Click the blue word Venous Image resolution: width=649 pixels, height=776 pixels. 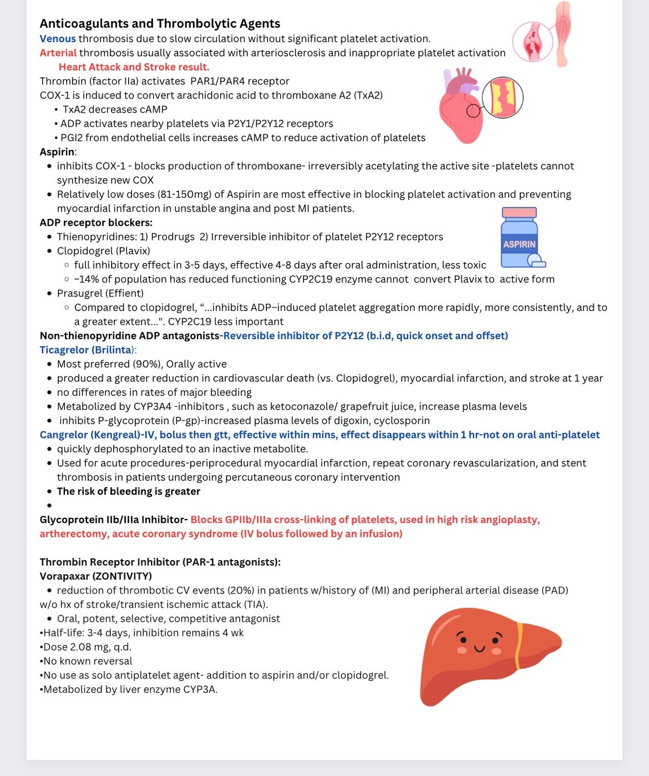[x=57, y=39]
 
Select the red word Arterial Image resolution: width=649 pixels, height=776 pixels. [x=58, y=53]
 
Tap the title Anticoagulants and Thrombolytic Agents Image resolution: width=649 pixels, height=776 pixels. [x=160, y=23]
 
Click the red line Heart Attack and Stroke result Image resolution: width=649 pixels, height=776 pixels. [x=134, y=67]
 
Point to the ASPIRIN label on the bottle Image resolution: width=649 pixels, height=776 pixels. [x=519, y=244]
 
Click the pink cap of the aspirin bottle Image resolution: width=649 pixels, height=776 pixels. [x=519, y=213]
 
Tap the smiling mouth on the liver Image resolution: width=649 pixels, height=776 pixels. [x=480, y=648]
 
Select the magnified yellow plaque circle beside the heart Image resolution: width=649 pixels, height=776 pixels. [x=502, y=97]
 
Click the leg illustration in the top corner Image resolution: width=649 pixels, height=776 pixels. [x=562, y=34]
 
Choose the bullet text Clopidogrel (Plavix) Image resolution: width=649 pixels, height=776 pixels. [x=104, y=251]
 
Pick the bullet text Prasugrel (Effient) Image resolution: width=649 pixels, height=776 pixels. [x=100, y=293]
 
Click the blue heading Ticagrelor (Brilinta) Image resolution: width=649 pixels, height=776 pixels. [x=87, y=350]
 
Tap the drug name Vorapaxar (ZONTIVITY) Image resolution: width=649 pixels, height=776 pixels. [x=96, y=576]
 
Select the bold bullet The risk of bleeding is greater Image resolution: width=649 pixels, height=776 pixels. [x=129, y=491]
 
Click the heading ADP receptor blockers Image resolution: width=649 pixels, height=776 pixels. [x=96, y=223]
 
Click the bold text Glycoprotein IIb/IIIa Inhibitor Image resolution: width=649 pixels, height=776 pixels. [x=113, y=520]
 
